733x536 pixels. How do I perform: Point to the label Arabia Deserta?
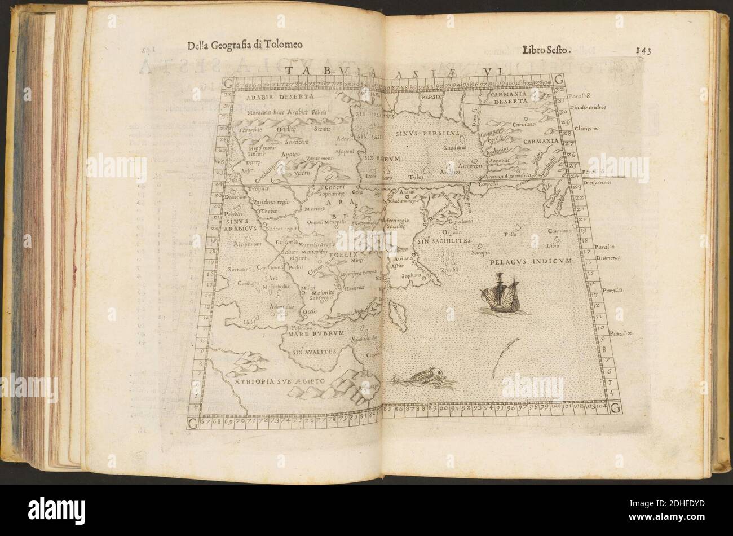pos(268,97)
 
